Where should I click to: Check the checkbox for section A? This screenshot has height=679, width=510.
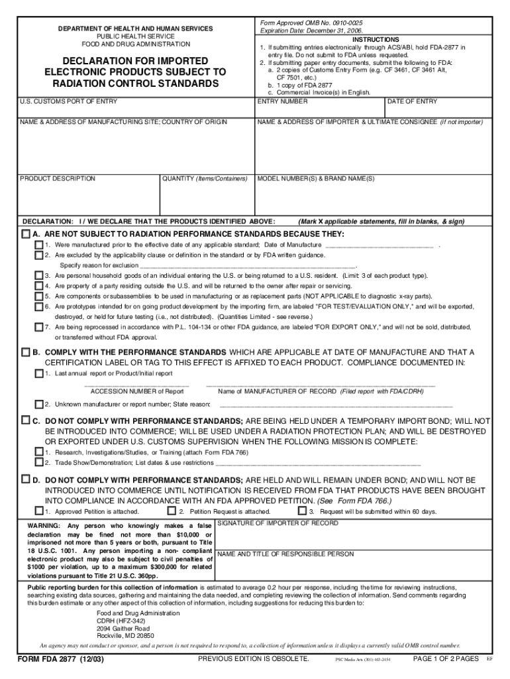click(26, 234)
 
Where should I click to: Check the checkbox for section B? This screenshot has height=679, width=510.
click(26, 351)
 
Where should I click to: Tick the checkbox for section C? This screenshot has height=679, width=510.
click(26, 420)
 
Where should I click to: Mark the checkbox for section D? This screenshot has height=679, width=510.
click(26, 478)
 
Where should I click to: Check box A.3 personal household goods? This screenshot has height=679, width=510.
click(39, 275)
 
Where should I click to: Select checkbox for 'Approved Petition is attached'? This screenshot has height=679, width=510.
click(39, 511)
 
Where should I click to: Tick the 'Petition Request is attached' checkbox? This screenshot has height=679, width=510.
click(172, 511)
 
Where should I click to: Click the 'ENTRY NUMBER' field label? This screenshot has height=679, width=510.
click(283, 101)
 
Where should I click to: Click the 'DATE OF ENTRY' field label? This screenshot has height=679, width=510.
click(412, 101)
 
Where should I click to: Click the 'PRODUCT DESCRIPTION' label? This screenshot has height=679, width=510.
click(58, 178)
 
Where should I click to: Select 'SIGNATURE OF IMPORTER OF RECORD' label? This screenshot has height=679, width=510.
click(278, 523)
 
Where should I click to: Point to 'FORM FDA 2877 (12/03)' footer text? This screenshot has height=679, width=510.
click(61, 659)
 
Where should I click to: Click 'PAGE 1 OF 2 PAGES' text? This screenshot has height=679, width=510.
click(445, 658)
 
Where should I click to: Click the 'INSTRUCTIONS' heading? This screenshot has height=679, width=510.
click(376, 40)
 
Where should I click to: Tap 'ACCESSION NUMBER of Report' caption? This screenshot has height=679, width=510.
click(137, 391)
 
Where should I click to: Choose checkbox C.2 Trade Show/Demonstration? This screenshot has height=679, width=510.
click(39, 462)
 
